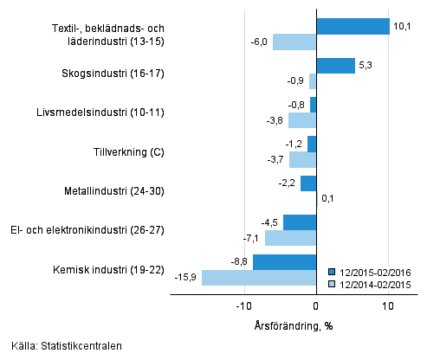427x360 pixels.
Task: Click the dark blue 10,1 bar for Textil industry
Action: click(353, 26)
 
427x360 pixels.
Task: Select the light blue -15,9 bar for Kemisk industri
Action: click(258, 278)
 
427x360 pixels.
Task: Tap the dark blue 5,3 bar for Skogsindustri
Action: click(335, 66)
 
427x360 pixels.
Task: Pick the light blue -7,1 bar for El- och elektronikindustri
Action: click(290, 238)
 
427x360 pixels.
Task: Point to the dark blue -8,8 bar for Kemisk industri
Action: click(284, 261)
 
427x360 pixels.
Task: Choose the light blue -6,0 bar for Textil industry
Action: click(294, 42)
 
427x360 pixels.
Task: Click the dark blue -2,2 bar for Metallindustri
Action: click(308, 183)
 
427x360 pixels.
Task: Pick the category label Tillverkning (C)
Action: click(128, 152)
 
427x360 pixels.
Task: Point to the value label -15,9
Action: click(187, 278)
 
